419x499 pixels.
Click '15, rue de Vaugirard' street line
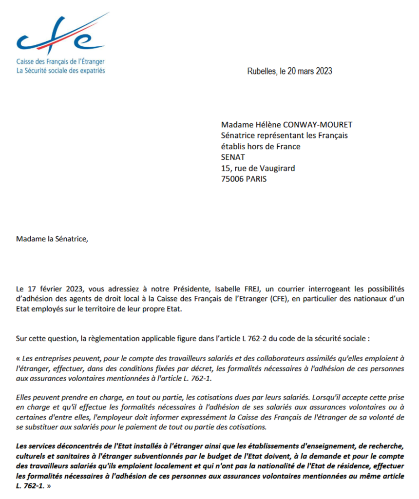click(258, 168)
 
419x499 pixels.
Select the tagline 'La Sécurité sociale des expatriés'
click(61, 71)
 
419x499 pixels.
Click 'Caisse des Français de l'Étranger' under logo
click(61, 62)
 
